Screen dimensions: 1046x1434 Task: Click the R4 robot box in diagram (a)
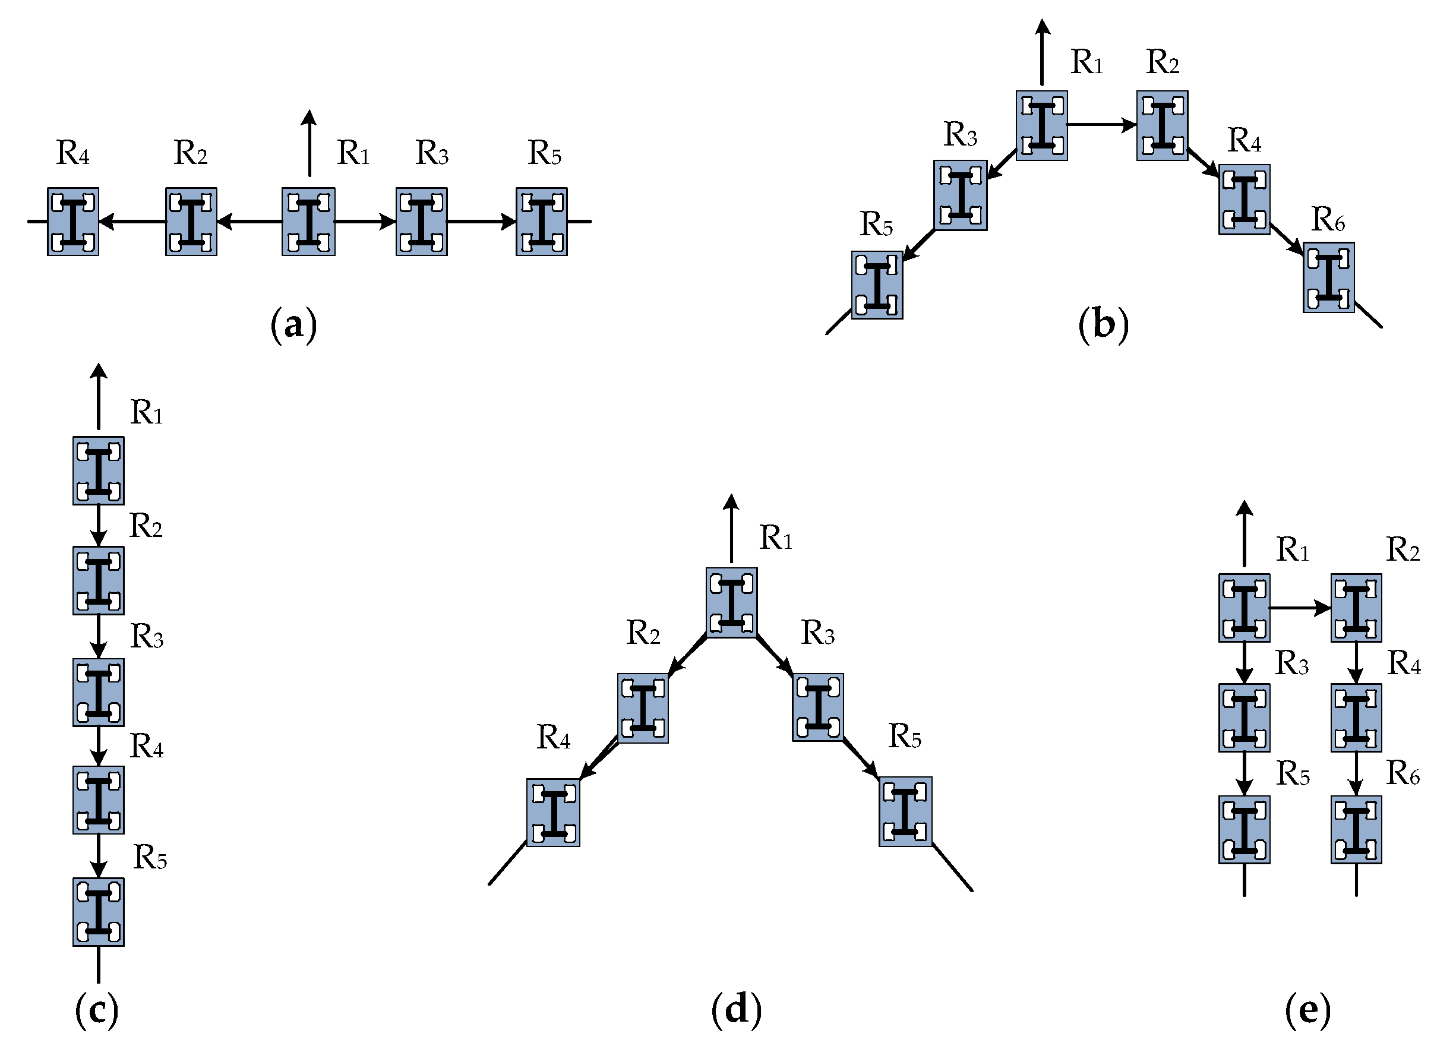(x=73, y=222)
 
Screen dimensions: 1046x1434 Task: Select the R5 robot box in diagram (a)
(x=541, y=222)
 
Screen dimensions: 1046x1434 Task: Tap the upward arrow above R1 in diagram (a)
(x=309, y=143)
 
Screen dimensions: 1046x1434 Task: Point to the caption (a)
(x=293, y=326)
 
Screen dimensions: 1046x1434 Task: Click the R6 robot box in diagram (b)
(x=1328, y=277)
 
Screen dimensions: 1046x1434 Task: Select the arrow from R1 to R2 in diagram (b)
(x=1101, y=125)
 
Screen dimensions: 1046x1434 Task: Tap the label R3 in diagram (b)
(x=961, y=134)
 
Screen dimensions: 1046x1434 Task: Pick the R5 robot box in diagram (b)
(x=877, y=285)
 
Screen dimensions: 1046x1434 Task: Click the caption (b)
(x=1103, y=324)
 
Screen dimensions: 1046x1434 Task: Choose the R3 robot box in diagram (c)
(x=98, y=692)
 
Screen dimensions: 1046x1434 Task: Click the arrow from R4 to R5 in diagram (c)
(x=98, y=855)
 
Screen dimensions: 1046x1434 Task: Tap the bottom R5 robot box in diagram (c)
(x=98, y=912)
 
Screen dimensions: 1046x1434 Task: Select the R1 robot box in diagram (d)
(x=731, y=602)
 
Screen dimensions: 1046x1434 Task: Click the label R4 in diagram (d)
(x=553, y=737)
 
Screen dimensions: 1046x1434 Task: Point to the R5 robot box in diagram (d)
(x=905, y=812)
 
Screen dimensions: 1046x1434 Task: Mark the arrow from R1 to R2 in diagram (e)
(x=1300, y=608)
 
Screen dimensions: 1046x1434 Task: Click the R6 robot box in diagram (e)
(x=1356, y=829)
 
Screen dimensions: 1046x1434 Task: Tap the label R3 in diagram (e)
(x=1291, y=663)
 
